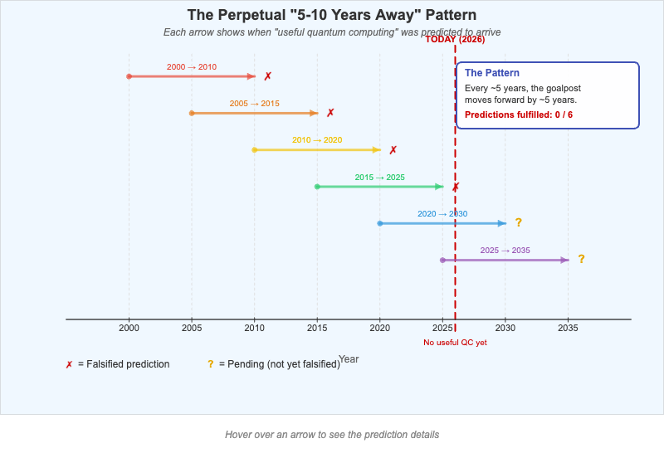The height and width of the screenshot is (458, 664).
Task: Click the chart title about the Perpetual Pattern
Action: (x=332, y=15)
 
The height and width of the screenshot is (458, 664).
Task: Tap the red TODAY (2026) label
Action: (x=455, y=39)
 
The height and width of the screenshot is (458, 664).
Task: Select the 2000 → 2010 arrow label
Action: (x=192, y=67)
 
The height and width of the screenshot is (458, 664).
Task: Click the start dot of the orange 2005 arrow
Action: (x=192, y=113)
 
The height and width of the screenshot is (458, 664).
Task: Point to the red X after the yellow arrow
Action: (x=393, y=150)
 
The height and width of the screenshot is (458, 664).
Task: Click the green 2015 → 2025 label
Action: (x=379, y=178)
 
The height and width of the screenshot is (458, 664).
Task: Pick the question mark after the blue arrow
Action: (x=518, y=222)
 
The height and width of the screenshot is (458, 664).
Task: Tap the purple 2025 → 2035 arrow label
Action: (x=505, y=251)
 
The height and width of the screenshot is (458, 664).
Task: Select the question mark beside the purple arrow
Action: (x=581, y=259)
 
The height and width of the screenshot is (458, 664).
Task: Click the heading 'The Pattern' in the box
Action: (x=492, y=73)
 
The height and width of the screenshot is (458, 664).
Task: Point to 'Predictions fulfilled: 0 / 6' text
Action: (x=519, y=114)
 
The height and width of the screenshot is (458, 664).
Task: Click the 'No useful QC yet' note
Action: (x=455, y=343)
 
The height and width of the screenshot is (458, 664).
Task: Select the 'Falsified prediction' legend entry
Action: (x=123, y=364)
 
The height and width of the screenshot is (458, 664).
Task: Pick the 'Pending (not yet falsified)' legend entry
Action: (x=279, y=364)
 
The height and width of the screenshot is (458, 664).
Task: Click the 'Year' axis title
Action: (x=349, y=358)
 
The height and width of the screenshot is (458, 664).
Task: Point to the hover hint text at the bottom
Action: (x=332, y=435)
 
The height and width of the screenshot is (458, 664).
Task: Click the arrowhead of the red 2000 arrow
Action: (x=251, y=76)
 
